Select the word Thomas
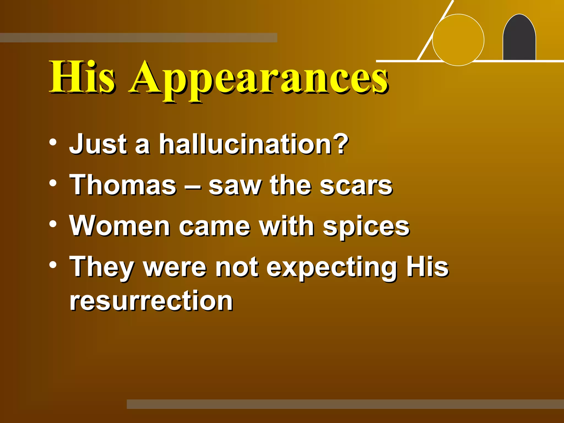[x=123, y=185]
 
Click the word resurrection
[x=151, y=301]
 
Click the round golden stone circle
[x=458, y=40]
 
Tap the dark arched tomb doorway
[x=519, y=39]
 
